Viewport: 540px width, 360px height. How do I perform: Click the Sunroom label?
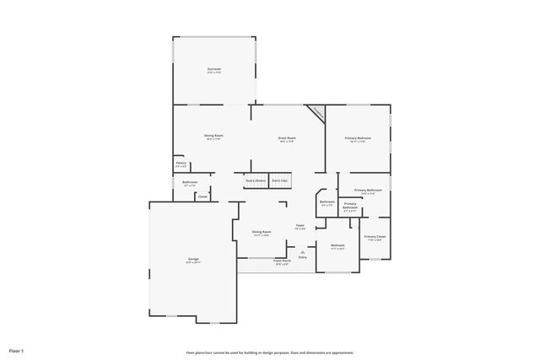[214, 69]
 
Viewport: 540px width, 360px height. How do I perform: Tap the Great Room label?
[287, 137]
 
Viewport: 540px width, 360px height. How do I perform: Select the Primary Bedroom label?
[358, 137]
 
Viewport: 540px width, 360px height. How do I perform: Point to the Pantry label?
[181, 163]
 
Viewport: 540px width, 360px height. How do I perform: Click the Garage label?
[192, 259]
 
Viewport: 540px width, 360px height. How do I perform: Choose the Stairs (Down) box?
[256, 180]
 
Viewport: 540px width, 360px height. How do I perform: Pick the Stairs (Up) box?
[280, 180]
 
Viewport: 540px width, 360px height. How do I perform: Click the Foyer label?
[300, 225]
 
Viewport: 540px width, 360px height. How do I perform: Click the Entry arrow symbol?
[302, 251]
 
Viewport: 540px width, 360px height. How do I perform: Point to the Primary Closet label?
[375, 237]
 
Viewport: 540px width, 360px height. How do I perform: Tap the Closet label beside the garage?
[202, 197]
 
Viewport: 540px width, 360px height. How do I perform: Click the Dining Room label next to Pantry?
[213, 135]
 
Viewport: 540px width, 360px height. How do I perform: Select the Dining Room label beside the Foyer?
[262, 232]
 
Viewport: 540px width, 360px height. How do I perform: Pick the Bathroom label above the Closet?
[190, 182]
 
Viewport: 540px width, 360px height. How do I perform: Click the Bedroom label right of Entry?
[338, 245]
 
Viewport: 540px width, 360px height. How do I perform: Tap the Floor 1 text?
[16, 350]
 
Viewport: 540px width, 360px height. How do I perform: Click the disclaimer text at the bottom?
[269, 352]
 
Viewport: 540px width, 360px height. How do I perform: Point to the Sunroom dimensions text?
[214, 73]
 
